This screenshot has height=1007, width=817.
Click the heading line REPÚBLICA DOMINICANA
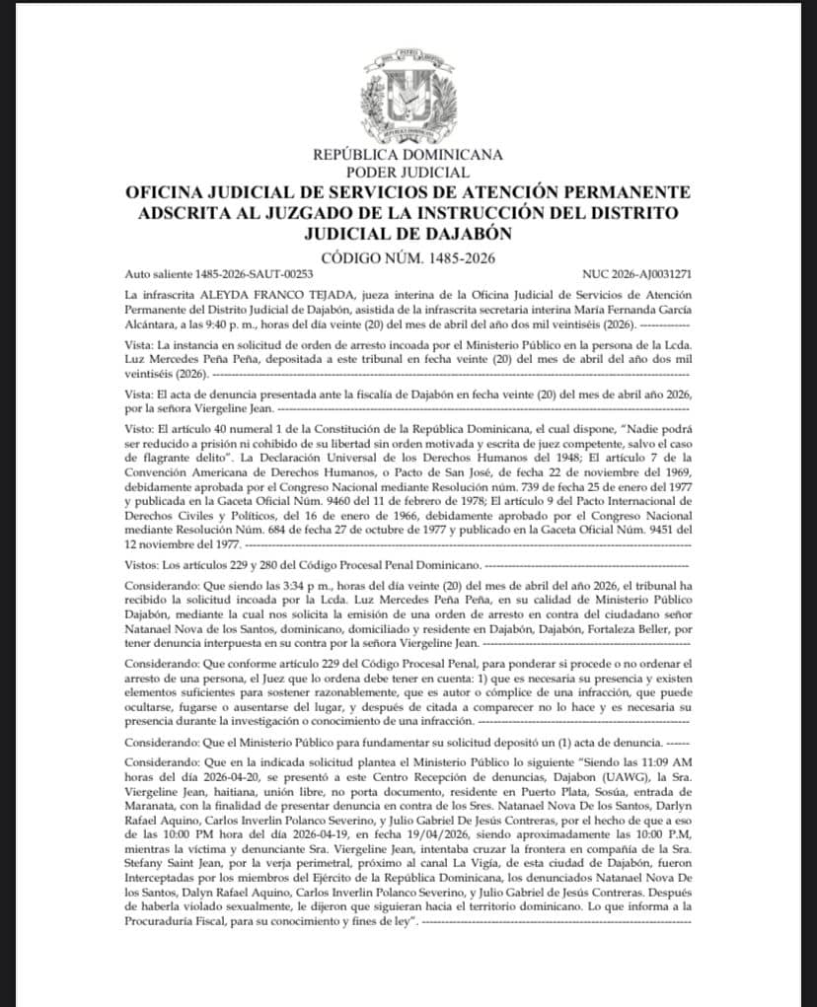(408, 154)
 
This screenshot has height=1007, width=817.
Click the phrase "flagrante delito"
(208, 465)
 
